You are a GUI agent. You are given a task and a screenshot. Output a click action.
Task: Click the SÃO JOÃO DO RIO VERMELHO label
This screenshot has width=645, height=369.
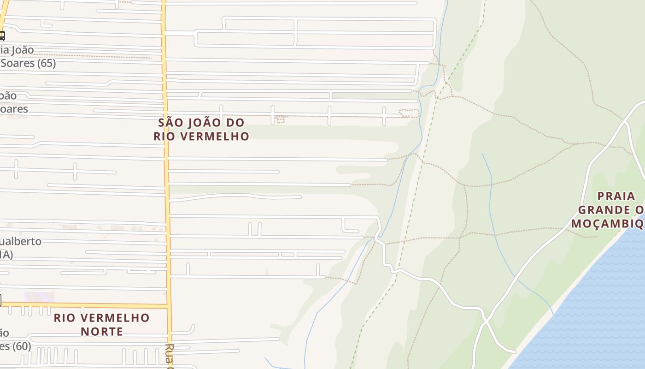tap(201, 129)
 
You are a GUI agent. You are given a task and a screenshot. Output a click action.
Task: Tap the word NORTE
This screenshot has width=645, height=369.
tap(102, 331)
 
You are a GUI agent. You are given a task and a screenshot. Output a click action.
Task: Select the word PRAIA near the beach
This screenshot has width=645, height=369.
tap(616, 196)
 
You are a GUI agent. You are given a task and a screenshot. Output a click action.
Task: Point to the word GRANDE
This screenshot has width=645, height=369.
tap(604, 210)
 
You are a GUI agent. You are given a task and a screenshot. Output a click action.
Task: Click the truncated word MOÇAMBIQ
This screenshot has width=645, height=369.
tap(607, 224)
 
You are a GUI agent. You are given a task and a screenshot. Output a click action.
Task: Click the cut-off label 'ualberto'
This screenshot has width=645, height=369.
tap(21, 241)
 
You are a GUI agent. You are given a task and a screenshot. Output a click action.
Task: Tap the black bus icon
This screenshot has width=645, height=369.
tap(1, 36)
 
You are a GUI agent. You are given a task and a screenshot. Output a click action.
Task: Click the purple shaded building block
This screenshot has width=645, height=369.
tap(40, 297)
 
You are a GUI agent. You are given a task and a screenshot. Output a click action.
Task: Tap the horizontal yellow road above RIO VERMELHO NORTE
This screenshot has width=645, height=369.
tap(92, 305)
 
